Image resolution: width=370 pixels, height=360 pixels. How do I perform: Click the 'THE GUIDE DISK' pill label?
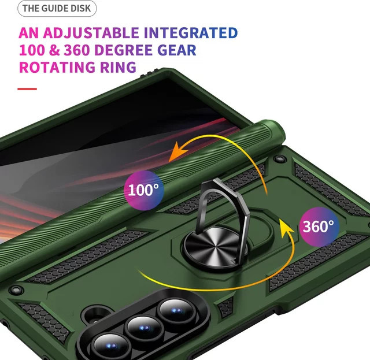point(57,9)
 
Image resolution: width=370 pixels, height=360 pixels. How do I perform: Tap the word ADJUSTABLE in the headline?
point(91,33)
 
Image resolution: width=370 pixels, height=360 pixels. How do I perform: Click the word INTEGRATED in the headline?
point(191,33)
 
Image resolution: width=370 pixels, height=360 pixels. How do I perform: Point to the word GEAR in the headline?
point(177,50)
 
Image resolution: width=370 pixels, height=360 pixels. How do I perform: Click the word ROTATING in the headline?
point(57,67)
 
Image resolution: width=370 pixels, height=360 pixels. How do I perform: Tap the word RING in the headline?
point(118,67)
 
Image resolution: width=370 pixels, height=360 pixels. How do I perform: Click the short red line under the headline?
point(27,89)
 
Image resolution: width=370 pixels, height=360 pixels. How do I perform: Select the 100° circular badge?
point(144,190)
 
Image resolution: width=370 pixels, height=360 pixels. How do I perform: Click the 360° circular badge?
point(319,227)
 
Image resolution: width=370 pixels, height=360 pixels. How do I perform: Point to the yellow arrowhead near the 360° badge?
point(286,227)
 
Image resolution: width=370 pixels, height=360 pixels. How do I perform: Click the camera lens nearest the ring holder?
point(177,311)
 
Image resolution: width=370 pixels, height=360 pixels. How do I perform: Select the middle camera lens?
point(144,328)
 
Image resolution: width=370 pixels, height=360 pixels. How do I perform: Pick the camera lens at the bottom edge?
point(111,346)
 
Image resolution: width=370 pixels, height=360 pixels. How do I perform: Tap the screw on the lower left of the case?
point(16,290)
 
